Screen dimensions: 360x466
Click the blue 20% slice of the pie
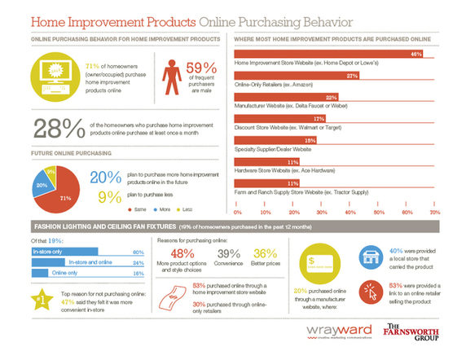click(42, 186)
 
